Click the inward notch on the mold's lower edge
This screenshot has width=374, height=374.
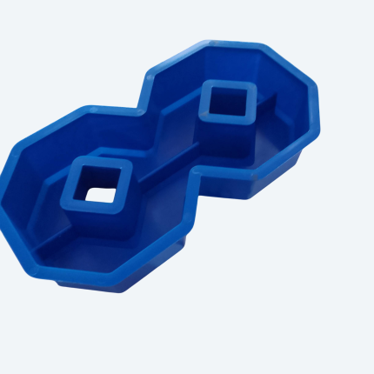190,177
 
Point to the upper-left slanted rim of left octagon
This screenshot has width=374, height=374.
39,130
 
